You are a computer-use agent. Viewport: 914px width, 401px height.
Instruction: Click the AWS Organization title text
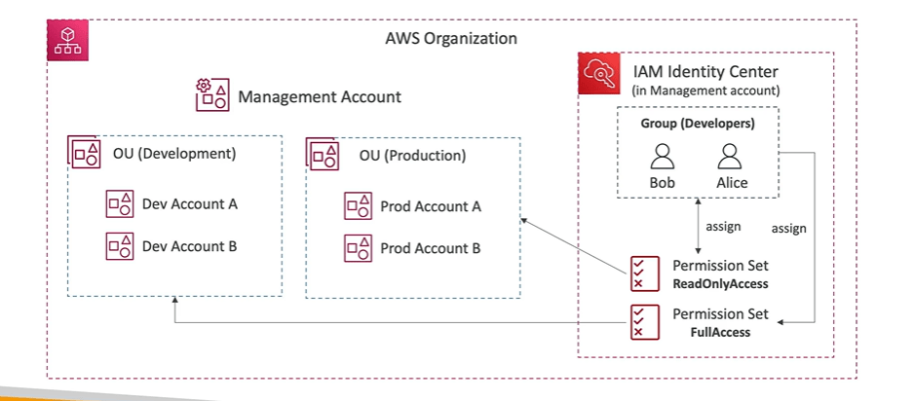451,39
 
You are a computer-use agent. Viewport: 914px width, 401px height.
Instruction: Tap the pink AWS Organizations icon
67,40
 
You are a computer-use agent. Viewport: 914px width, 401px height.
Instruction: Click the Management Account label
320,97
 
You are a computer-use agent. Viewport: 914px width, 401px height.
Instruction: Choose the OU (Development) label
174,154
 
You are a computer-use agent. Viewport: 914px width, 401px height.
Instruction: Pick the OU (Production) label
412,156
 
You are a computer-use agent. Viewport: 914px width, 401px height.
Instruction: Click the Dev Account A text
190,204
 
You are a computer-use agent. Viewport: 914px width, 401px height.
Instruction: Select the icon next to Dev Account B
120,246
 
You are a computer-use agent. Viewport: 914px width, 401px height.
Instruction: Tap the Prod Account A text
430,206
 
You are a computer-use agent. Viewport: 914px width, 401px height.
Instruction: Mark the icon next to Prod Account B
358,248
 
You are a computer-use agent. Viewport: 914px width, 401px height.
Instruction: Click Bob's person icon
663,158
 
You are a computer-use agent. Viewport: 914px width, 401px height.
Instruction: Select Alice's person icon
732,158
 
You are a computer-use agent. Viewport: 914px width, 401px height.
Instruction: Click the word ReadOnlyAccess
720,284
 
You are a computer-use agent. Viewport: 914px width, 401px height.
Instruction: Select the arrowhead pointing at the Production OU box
525,222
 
